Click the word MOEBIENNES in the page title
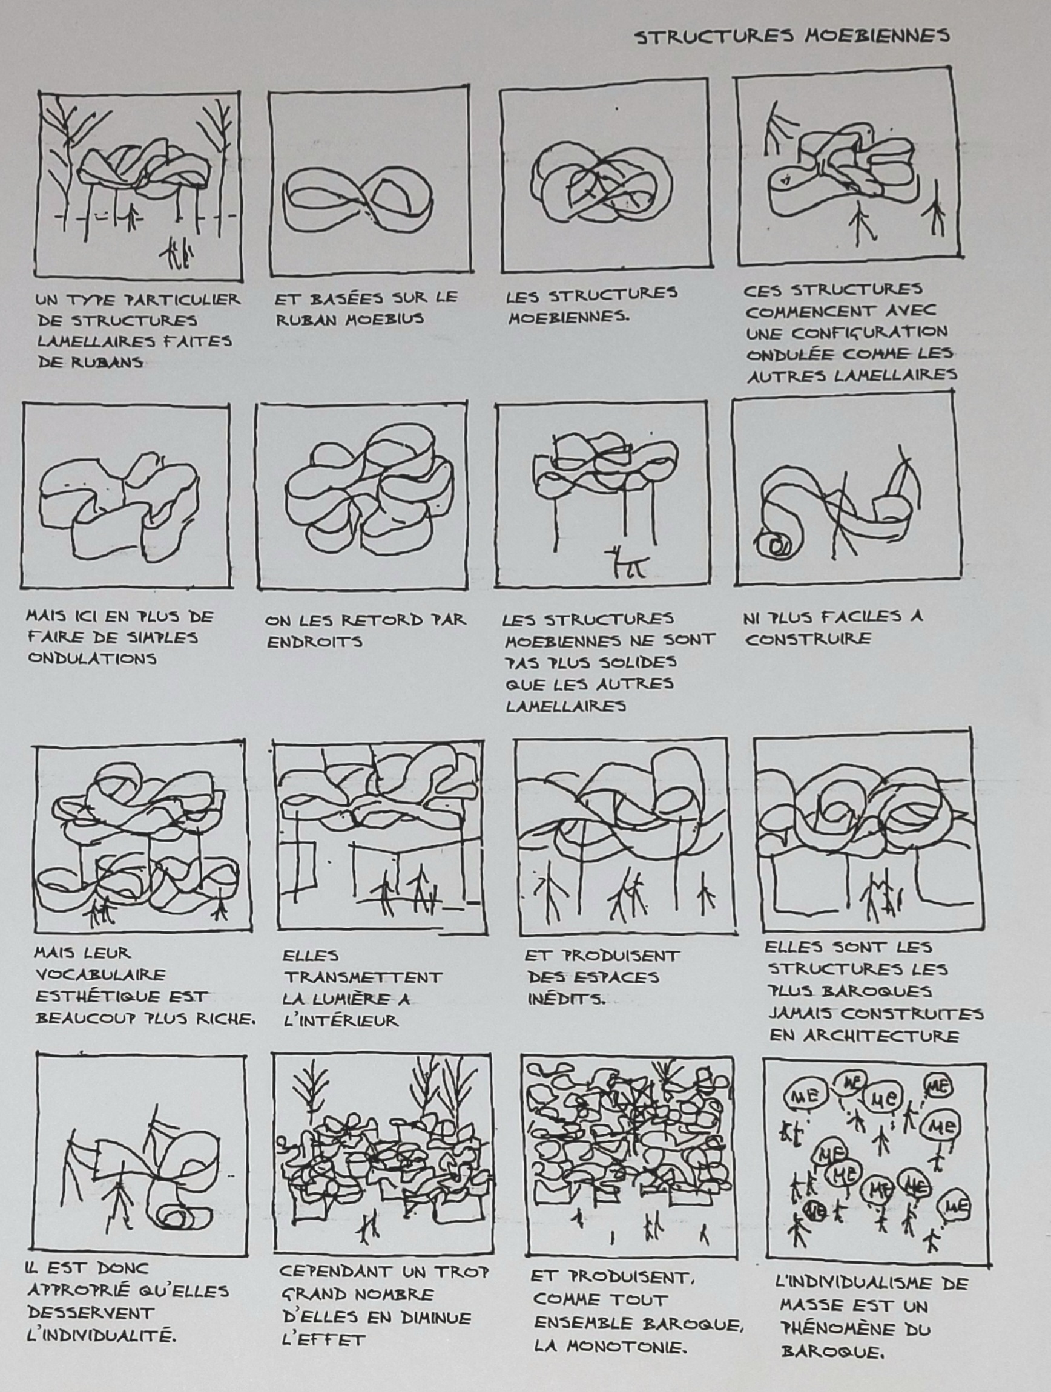877,36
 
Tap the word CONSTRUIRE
808,640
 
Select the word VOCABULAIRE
100,976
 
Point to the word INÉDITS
567,999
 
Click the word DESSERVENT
91,1313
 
